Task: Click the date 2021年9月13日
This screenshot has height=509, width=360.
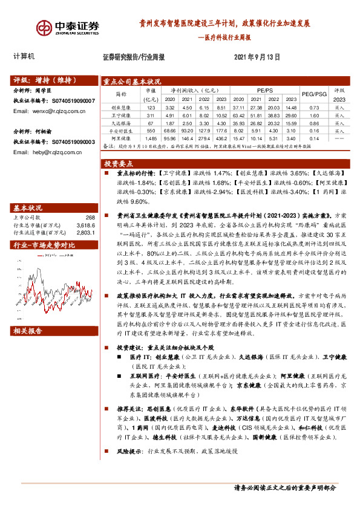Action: (257, 58)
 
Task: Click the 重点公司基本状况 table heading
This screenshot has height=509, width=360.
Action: (132, 82)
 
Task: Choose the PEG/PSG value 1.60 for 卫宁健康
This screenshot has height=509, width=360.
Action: (313, 114)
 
